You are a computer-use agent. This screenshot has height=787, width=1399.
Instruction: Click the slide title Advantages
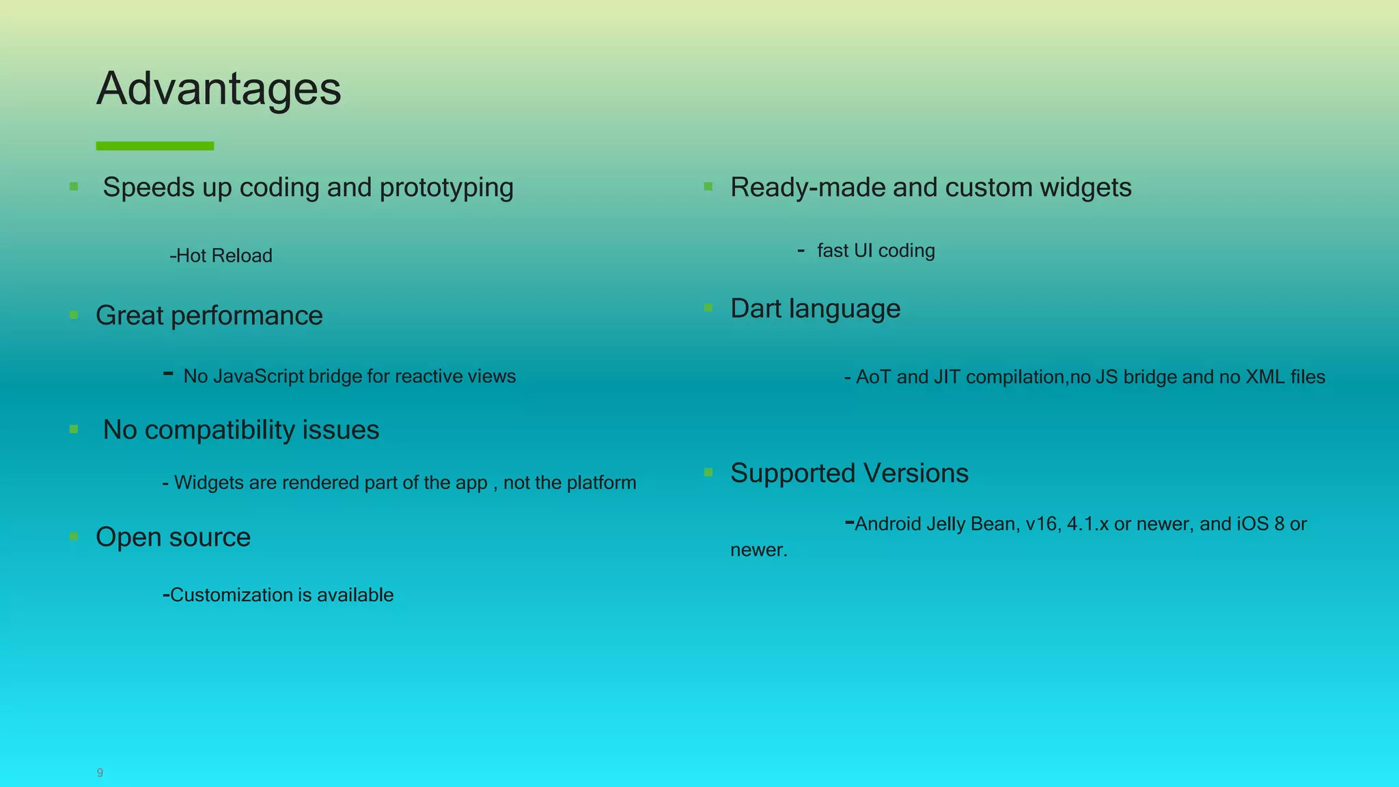tap(219, 89)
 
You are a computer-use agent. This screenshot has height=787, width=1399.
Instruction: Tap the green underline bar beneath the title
tap(155, 146)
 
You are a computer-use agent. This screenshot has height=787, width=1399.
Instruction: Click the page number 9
tap(100, 773)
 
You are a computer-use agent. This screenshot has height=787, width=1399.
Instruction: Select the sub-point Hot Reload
tap(221, 256)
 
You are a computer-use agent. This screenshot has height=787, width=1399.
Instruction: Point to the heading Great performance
tap(209, 316)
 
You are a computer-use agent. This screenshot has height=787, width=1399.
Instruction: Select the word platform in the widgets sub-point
tap(601, 483)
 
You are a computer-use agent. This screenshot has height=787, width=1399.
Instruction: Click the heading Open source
tap(174, 537)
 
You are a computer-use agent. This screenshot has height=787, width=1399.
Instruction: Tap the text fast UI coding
tap(876, 251)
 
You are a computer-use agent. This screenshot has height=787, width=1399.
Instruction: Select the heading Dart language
tap(815, 309)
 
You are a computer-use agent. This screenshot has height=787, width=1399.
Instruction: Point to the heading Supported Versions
tap(849, 473)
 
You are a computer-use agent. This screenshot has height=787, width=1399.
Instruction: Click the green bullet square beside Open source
tap(74, 536)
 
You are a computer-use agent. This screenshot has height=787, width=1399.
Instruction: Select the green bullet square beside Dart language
tap(708, 308)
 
